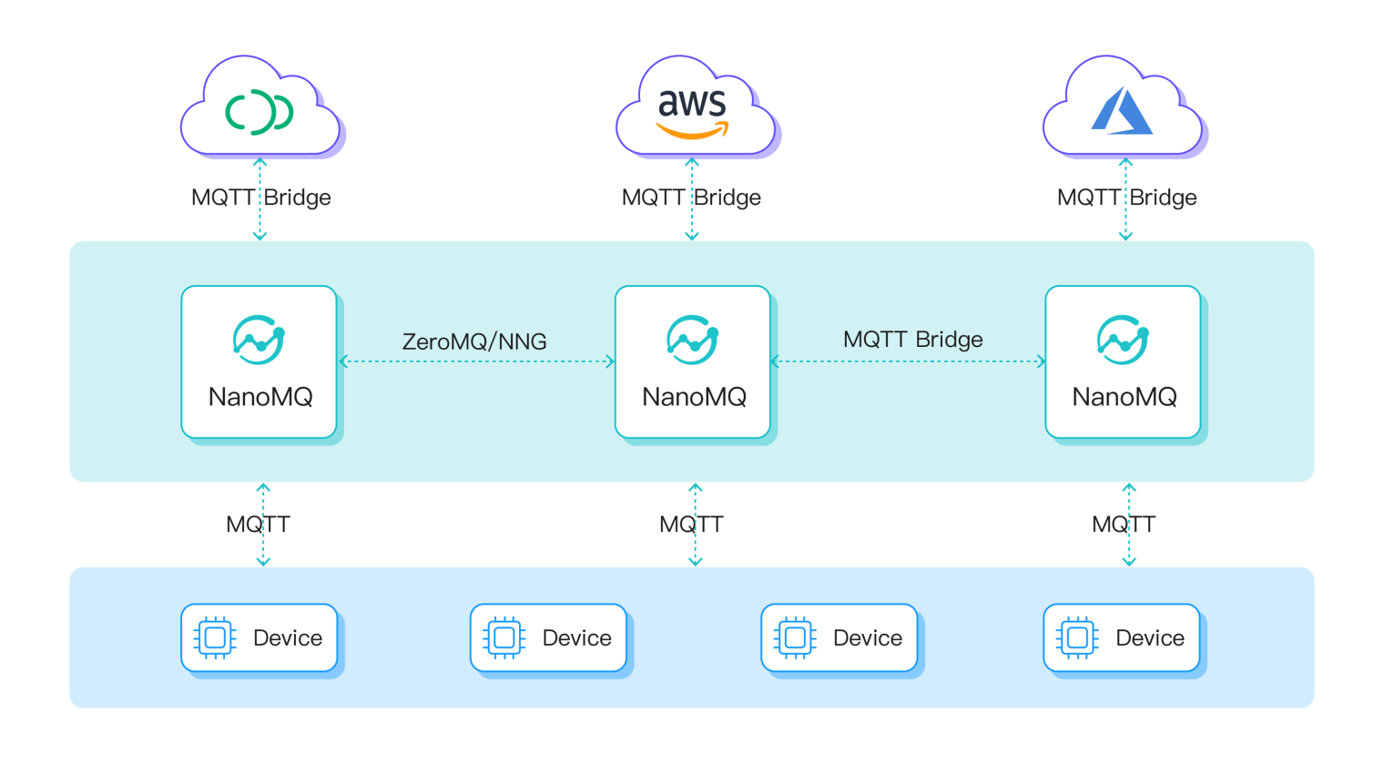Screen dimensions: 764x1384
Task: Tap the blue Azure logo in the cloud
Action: tap(1122, 111)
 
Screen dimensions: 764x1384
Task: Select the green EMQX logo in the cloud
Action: tap(259, 112)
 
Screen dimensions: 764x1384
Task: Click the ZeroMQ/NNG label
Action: tap(474, 341)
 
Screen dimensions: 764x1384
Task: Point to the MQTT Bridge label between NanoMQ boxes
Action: tap(912, 340)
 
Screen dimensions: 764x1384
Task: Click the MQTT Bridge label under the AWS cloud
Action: tap(691, 198)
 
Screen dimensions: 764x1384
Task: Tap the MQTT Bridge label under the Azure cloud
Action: tap(1126, 198)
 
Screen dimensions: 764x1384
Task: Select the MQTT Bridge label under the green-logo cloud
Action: tap(260, 198)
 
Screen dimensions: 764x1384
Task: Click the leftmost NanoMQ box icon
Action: tap(259, 341)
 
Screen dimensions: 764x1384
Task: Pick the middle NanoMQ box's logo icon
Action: tap(693, 341)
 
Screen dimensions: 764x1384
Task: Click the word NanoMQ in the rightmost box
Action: tap(1124, 397)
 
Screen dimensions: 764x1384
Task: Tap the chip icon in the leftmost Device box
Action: tap(215, 637)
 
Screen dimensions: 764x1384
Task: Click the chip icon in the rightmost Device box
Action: tap(1077, 637)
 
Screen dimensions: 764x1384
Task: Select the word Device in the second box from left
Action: tap(576, 638)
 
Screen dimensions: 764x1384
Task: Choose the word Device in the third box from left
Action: tap(867, 638)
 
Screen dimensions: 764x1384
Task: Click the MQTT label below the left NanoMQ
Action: tap(258, 525)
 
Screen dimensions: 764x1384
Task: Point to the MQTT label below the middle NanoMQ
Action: tap(691, 525)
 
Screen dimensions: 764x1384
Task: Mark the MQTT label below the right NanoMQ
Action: tap(1124, 525)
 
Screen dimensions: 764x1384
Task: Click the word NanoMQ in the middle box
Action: tap(694, 397)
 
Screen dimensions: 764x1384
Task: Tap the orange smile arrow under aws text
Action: tap(692, 132)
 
